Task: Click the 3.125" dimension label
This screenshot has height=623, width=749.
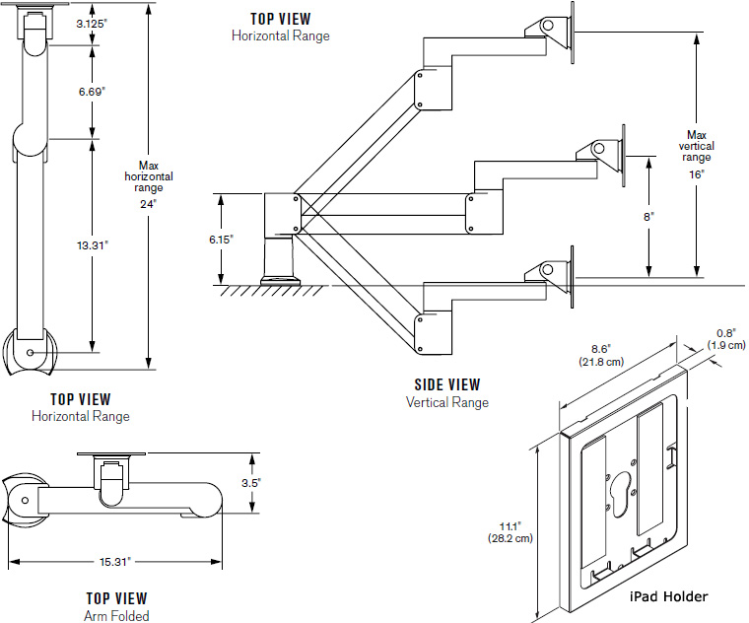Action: click(92, 24)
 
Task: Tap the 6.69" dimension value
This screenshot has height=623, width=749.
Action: click(92, 92)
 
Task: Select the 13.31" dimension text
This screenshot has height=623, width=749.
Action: click(93, 245)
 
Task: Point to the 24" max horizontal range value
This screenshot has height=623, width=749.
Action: click(148, 204)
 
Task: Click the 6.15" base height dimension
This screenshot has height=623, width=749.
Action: click(221, 240)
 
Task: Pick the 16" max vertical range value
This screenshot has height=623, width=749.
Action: click(697, 174)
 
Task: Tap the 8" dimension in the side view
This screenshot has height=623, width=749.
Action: click(648, 217)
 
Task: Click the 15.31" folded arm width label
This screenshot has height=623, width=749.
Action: click(115, 562)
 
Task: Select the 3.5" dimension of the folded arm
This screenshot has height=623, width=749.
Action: click(251, 483)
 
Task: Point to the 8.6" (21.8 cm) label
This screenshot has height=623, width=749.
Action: click(601, 356)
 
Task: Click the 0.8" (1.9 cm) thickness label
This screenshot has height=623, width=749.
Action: click(726, 339)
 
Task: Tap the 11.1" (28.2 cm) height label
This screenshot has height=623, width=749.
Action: click(511, 532)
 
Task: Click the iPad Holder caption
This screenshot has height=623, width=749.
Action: click(668, 596)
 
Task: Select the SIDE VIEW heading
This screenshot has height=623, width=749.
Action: click(447, 384)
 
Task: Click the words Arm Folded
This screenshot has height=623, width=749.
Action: click(116, 616)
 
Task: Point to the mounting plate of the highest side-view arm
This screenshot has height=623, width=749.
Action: click(573, 33)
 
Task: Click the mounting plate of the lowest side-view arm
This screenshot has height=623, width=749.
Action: click(573, 277)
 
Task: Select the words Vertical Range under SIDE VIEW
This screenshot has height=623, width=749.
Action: click(447, 402)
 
